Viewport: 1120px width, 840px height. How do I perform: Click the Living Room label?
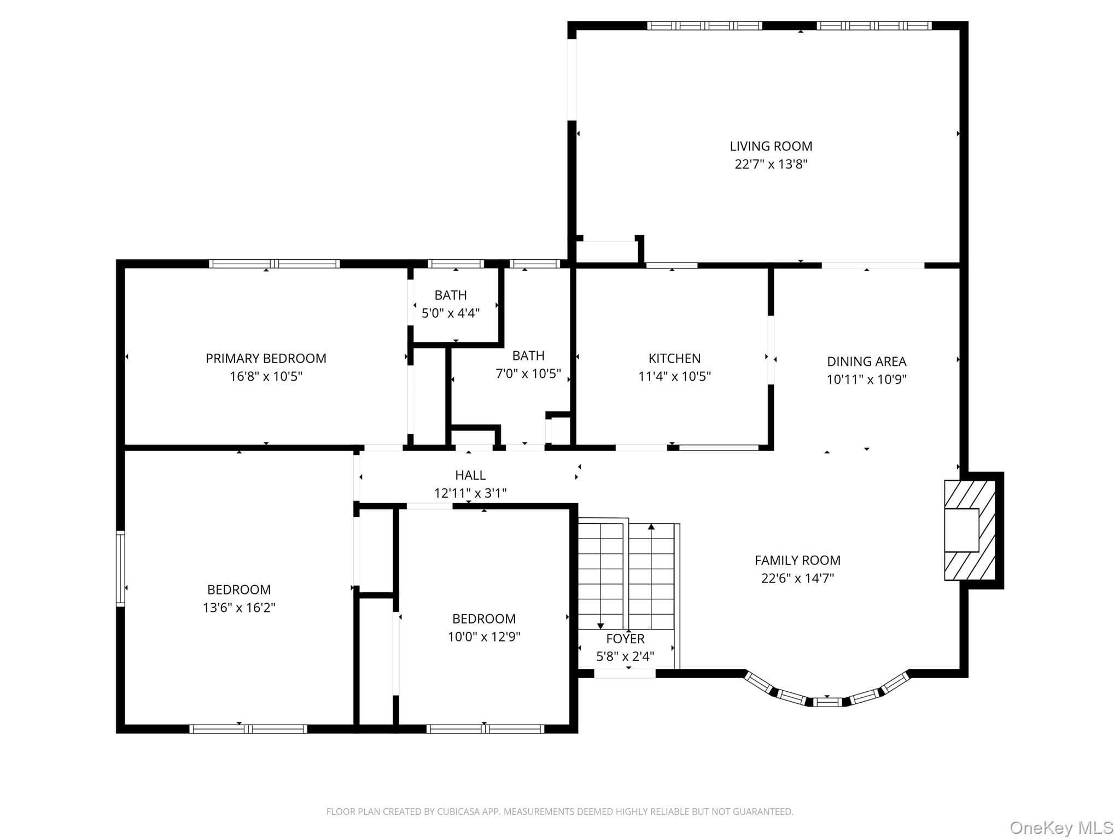click(x=771, y=146)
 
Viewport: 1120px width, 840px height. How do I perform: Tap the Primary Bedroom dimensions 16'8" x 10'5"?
click(x=266, y=376)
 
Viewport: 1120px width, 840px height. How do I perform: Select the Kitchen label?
click(x=674, y=358)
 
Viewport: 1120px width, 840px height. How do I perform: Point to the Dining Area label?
click(x=866, y=361)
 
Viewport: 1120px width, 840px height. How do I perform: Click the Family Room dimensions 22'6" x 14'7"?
click(x=797, y=578)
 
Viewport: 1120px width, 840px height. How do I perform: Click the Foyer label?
click(x=625, y=638)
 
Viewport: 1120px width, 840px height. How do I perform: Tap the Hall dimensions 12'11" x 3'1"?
click(x=470, y=493)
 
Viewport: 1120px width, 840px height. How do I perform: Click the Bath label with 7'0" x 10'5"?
click(x=528, y=355)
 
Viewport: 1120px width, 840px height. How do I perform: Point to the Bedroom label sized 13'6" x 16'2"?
click(x=239, y=590)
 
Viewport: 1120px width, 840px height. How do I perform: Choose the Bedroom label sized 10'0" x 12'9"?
click(x=484, y=619)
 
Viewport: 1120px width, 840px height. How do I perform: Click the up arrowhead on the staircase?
click(x=651, y=527)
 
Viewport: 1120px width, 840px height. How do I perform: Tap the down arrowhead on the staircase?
click(x=600, y=626)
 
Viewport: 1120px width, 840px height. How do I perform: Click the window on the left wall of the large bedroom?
click(x=120, y=568)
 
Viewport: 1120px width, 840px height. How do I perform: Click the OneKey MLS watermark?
click(x=1061, y=827)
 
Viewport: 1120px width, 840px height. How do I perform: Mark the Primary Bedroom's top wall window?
click(x=275, y=264)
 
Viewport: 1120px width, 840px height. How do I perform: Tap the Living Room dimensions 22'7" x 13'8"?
click(x=771, y=164)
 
